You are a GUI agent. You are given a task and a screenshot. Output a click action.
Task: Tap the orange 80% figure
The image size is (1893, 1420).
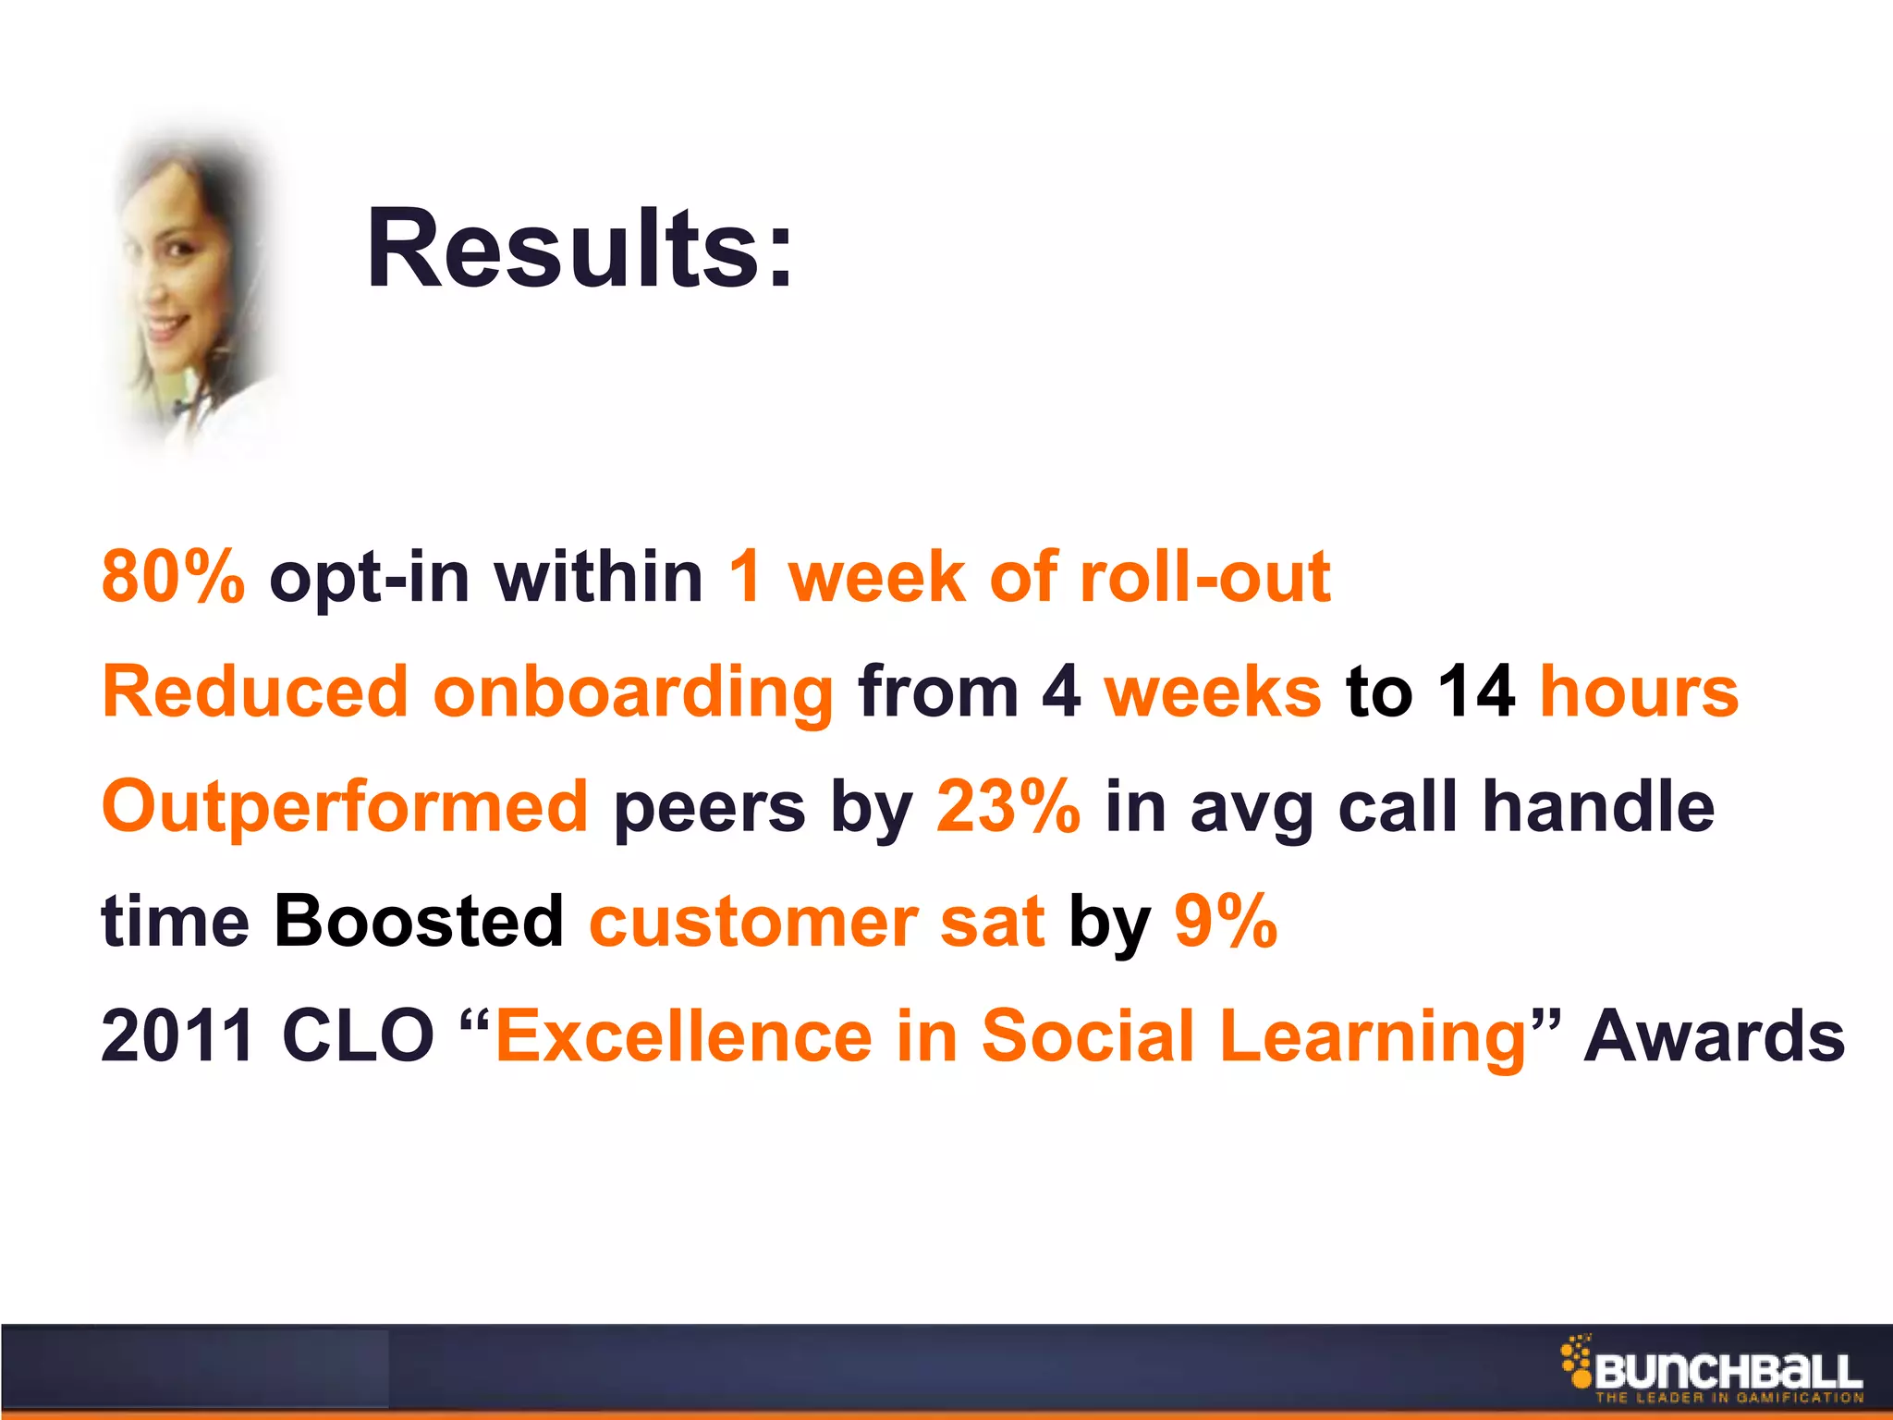pos(173,576)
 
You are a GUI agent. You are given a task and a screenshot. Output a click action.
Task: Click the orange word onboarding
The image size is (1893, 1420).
pos(633,693)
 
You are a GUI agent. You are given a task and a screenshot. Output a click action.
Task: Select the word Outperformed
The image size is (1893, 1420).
pos(345,807)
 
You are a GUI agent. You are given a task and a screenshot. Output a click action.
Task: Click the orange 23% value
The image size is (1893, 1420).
pos(1008,806)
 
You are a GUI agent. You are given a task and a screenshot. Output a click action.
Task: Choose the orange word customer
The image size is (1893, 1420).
pos(753,923)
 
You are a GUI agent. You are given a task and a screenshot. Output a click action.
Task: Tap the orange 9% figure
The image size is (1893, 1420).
pos(1226,921)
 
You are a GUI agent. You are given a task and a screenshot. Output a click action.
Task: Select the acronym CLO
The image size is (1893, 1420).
pos(357,1035)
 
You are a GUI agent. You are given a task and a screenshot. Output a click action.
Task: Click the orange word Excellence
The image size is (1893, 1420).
pos(684,1035)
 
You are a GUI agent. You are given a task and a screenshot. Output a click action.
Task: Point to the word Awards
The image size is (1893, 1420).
pos(1714,1035)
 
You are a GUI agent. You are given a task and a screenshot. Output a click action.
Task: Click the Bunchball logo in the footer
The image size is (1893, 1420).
pos(1713,1369)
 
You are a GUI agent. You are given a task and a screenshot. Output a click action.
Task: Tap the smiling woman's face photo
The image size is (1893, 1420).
pos(185,277)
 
